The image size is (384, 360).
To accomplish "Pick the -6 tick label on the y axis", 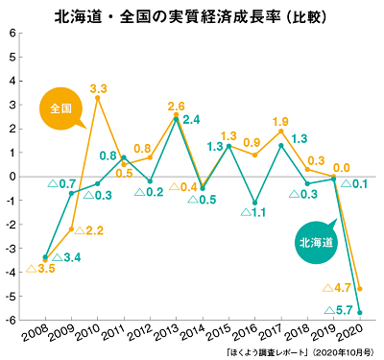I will (x=12, y=321).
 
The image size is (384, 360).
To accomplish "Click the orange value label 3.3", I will (x=98, y=88).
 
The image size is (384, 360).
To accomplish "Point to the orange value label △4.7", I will (x=338, y=287).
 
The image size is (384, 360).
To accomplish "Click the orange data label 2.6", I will (x=176, y=106).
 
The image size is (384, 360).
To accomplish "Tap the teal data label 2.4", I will (x=191, y=120).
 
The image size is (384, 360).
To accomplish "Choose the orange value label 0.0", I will (x=340, y=167).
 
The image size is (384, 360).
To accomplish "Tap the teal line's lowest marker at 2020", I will (x=359, y=312).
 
